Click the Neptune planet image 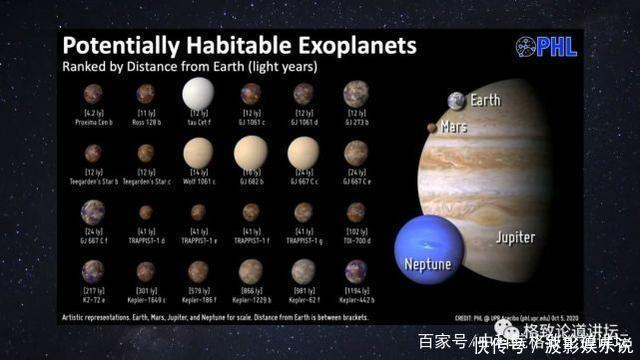429,248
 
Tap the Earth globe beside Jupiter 456,101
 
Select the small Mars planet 432,128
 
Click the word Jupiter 514,238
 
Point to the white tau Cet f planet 198,94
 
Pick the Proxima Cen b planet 93,94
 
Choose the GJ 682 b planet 250,153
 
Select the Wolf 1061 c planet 198,153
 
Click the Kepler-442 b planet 356,271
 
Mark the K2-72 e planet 93,271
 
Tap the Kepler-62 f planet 303,271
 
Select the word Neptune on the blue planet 428,265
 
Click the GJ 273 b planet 356,94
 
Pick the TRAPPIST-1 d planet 146,212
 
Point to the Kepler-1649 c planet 146,271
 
